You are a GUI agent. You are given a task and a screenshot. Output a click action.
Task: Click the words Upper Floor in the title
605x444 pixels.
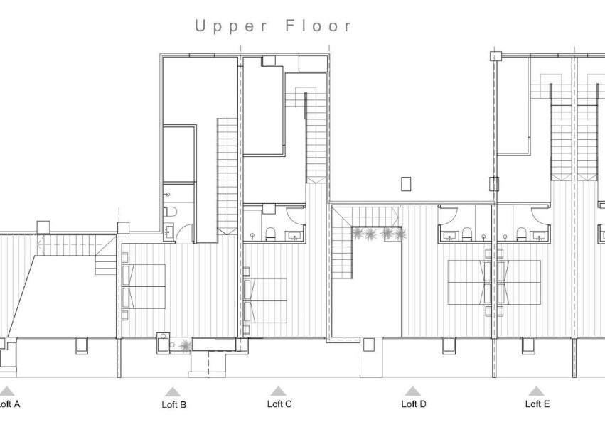coord(274,26)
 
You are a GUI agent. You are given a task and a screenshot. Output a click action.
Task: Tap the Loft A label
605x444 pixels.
coord(9,404)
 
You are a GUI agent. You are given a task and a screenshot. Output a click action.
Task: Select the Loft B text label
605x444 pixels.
coord(173,405)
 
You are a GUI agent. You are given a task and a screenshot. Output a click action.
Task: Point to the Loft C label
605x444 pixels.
coord(279,404)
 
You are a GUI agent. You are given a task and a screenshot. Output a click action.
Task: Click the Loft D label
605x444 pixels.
coord(413,404)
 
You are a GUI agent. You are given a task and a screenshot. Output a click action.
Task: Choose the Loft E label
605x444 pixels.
coord(537,404)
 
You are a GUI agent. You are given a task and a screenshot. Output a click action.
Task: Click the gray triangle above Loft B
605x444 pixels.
coord(173,391)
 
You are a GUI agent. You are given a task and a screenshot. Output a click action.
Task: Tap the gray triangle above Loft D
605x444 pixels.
coord(412,391)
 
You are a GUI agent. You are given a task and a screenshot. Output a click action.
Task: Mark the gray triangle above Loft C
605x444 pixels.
coord(278,391)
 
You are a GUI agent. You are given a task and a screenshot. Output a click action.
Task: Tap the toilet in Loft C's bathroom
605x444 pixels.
coord(270,234)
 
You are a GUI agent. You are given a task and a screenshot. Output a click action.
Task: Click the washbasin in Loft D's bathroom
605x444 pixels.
coord(449,235)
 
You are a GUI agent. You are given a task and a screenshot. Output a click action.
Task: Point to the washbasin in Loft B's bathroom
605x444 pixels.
coord(168,230)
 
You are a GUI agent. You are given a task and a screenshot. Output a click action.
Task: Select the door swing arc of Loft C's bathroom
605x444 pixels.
coord(296,215)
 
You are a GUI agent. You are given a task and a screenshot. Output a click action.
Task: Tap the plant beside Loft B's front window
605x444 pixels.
coord(185,346)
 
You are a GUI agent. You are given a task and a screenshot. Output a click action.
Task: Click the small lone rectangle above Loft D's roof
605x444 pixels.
coord(406,184)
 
